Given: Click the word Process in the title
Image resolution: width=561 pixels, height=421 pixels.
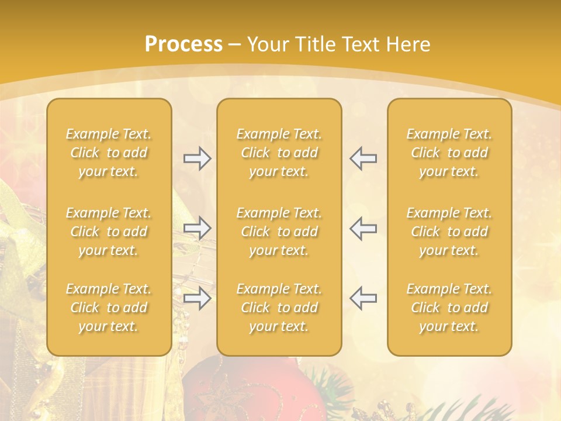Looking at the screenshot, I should click(x=183, y=44).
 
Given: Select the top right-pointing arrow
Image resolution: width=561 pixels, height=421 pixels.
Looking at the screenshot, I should click(x=197, y=158).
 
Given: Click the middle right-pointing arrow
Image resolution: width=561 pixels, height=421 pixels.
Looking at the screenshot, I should click(x=197, y=228).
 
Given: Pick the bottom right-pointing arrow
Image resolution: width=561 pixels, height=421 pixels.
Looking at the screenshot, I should click(x=197, y=298).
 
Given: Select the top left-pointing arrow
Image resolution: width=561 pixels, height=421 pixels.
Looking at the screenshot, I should click(x=363, y=158).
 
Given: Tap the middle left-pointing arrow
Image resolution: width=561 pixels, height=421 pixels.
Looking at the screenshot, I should click(x=363, y=228).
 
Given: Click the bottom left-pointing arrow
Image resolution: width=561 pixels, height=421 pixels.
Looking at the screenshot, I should click(x=363, y=298).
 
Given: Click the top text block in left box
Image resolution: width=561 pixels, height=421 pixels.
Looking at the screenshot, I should click(x=109, y=153).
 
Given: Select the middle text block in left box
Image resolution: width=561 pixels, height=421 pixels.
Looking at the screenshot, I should click(x=109, y=232).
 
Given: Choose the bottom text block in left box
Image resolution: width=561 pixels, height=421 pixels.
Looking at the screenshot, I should click(x=109, y=308).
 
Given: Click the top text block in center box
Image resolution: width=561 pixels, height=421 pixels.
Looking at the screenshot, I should click(x=279, y=153).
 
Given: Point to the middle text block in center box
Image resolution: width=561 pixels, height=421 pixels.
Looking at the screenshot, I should click(x=279, y=232).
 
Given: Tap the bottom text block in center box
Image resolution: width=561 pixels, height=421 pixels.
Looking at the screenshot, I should click(x=279, y=308).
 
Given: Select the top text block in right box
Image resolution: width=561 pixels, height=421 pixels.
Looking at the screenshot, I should click(x=449, y=153).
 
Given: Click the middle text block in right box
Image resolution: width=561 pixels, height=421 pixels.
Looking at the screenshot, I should click(x=449, y=232).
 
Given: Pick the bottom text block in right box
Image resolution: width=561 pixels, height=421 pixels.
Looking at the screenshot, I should click(x=449, y=308).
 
